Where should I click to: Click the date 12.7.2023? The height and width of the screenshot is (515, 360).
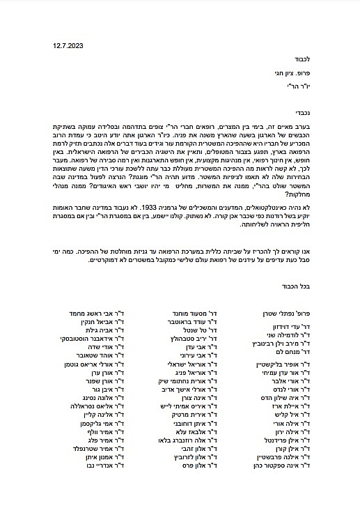[66, 45]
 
